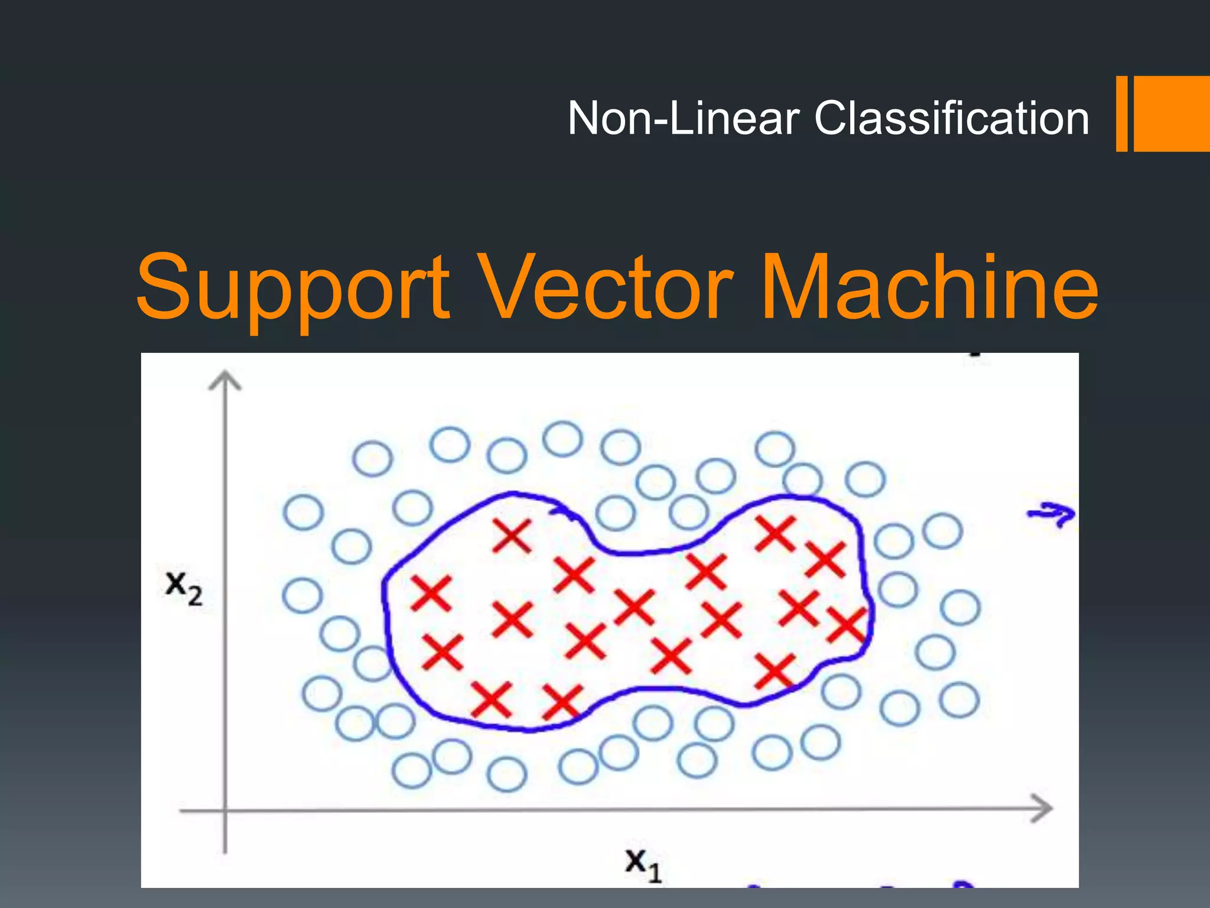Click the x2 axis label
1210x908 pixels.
click(x=184, y=588)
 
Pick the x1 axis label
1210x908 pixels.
click(x=643, y=864)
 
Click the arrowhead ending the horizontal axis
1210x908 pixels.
click(x=1043, y=808)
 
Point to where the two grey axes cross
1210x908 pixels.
click(x=225, y=810)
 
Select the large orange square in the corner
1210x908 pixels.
click(x=1172, y=113)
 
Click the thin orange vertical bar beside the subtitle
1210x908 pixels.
click(x=1121, y=113)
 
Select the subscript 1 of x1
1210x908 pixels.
click(x=654, y=873)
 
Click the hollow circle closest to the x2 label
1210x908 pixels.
click(x=302, y=595)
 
